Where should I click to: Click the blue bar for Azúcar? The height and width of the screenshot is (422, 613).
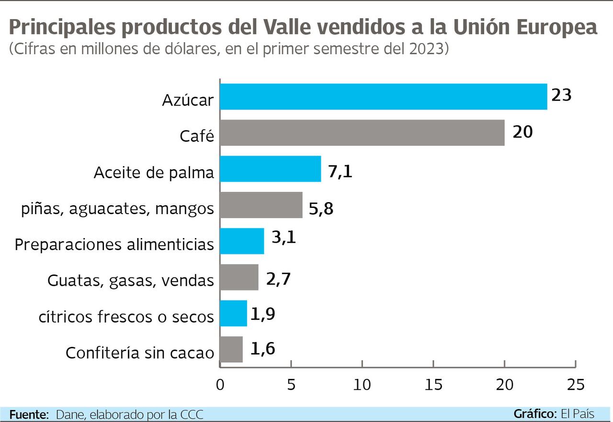(x=383, y=97)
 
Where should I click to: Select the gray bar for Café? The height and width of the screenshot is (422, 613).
(x=362, y=133)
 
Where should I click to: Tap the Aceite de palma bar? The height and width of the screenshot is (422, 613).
(x=271, y=169)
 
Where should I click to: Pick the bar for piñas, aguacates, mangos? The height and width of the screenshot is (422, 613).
(x=261, y=205)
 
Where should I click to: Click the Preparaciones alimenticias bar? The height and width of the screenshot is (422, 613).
(x=242, y=241)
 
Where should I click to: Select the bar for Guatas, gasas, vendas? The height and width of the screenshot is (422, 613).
(x=239, y=277)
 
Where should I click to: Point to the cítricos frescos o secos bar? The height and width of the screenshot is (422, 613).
(x=233, y=313)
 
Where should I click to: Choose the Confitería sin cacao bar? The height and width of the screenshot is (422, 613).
(x=231, y=349)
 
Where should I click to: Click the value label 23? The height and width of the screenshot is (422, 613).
(x=561, y=95)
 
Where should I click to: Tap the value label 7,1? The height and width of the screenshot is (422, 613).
(x=340, y=171)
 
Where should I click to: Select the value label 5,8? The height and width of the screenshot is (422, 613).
(x=321, y=209)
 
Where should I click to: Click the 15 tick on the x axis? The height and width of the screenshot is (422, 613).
(x=433, y=384)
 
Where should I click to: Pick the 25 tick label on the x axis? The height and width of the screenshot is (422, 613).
(x=575, y=384)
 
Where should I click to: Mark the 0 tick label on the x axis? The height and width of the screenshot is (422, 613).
(x=220, y=384)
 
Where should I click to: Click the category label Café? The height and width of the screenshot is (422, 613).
(x=196, y=137)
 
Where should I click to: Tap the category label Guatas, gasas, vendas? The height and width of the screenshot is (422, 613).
(x=130, y=281)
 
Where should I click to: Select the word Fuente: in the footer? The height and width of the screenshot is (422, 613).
(x=29, y=414)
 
